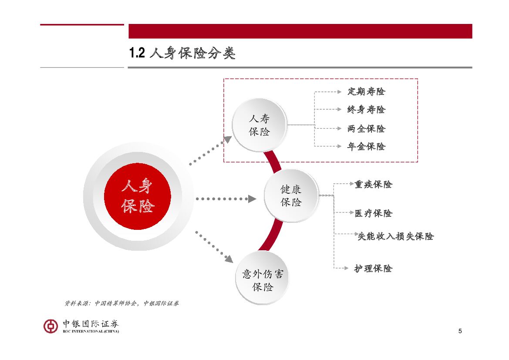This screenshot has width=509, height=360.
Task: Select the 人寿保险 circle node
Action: click(259, 125)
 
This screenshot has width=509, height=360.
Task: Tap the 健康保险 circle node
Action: click(291, 196)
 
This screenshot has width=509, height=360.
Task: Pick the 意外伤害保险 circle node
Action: click(262, 280)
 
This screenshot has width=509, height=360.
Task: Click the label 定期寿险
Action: click(366, 92)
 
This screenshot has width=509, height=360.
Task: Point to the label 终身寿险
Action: click(366, 110)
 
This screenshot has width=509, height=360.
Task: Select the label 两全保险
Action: click(366, 129)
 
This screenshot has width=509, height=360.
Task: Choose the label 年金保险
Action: click(366, 147)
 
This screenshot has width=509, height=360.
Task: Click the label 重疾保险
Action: click(373, 185)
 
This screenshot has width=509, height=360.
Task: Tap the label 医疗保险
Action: click(373, 213)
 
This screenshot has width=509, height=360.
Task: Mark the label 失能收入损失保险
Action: click(395, 236)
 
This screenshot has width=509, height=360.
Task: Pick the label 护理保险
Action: click(373, 269)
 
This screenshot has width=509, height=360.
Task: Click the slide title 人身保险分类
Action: click(192, 54)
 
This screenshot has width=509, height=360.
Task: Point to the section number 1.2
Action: click(136, 54)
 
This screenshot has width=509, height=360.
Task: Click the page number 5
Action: click(460, 331)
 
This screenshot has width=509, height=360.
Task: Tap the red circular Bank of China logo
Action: click(51, 326)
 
